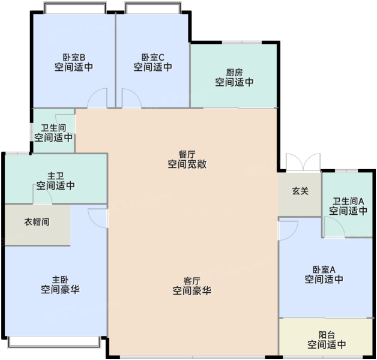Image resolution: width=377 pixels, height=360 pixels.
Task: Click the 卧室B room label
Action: pyautogui.click(x=74, y=58)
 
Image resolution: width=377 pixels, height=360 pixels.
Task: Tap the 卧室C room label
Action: pyautogui.click(x=153, y=58)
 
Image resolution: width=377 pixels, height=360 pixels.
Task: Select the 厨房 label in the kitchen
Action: pyautogui.click(x=234, y=73)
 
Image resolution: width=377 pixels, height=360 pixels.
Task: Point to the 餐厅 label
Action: pyautogui.click(x=187, y=154)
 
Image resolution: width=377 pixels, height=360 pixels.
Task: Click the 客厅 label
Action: pyautogui.click(x=192, y=281)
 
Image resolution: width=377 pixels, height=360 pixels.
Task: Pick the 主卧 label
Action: pyautogui.click(x=60, y=280)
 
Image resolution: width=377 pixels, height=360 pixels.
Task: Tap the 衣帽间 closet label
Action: pyautogui.click(x=37, y=222)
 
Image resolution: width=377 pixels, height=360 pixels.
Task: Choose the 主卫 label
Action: pyautogui.click(x=56, y=176)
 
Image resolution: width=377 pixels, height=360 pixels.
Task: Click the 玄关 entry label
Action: pyautogui.click(x=300, y=191)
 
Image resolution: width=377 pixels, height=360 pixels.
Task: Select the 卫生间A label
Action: pyautogui.click(x=348, y=201)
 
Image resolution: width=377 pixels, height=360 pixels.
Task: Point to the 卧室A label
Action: pyautogui.click(x=324, y=269)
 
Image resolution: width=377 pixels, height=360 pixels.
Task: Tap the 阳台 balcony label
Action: pyautogui.click(x=327, y=335)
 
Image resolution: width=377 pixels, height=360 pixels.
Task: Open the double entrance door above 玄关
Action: pyautogui.click(x=303, y=163)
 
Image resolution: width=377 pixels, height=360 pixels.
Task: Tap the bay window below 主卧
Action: pyautogui.click(x=54, y=342)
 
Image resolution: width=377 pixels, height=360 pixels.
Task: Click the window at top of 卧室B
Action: pyautogui.click(x=75, y=8)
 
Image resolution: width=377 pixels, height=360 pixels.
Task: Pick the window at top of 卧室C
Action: pyautogui.click(x=153, y=8)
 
